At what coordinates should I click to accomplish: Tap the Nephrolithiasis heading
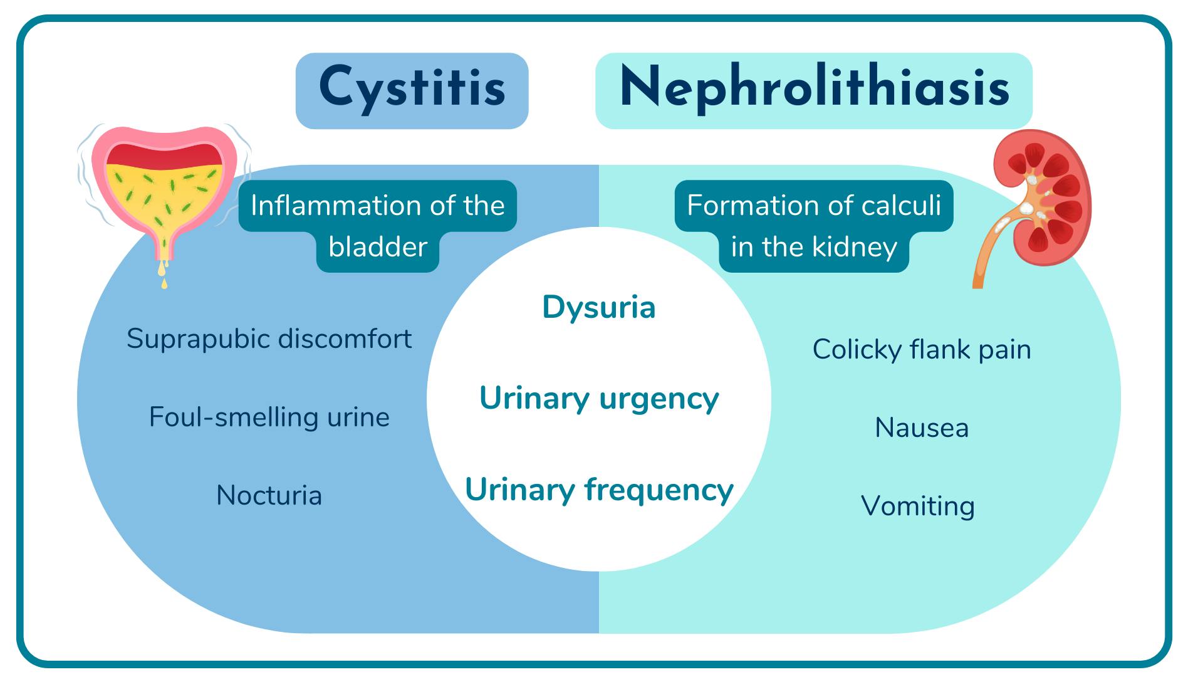point(814,88)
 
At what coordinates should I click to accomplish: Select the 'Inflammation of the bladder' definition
point(377,226)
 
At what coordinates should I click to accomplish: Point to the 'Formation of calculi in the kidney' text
point(814,226)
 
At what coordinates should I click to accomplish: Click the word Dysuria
point(599,307)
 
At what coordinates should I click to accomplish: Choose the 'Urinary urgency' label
point(599,398)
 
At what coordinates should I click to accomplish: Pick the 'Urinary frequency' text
point(599,490)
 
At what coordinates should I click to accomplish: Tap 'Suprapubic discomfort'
point(269,339)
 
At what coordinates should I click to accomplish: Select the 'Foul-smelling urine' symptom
point(269,417)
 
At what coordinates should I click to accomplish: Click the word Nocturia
point(269,495)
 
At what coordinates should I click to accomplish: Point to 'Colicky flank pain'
point(922,350)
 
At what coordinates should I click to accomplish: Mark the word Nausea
point(922,428)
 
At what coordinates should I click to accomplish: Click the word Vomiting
point(918,506)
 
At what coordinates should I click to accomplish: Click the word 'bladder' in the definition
point(377,246)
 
